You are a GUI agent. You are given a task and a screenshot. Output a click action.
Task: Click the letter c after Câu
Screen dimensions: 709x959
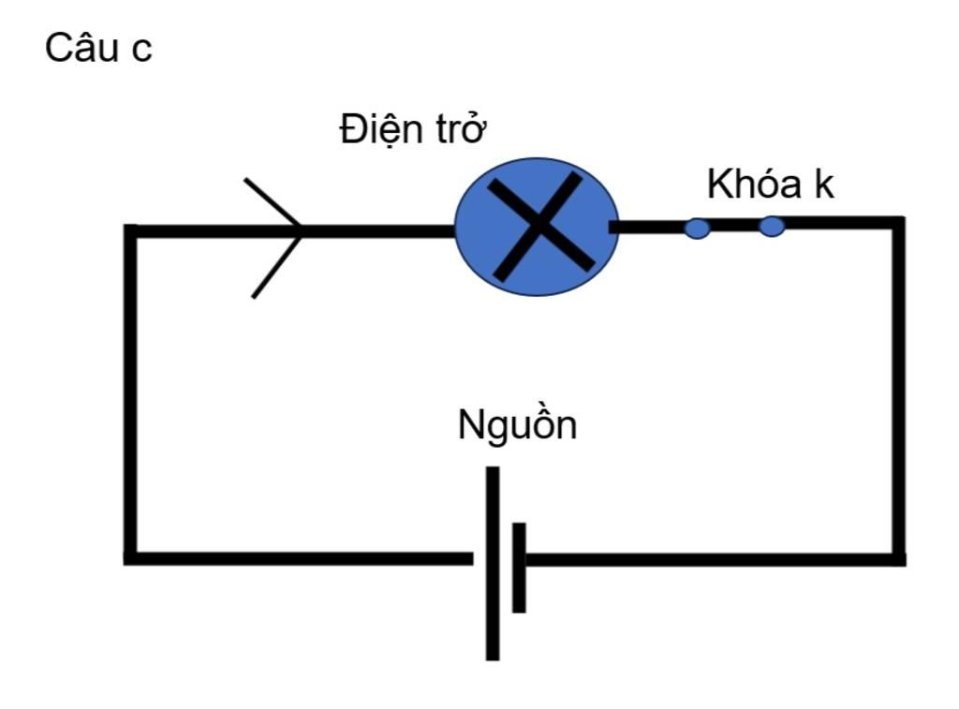[140, 52]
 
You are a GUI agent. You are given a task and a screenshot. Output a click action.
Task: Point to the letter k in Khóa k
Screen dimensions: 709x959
[823, 185]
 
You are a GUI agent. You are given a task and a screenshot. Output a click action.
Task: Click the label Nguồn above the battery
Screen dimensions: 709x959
[517, 426]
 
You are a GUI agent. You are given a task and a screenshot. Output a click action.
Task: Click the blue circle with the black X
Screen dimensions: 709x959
[537, 228]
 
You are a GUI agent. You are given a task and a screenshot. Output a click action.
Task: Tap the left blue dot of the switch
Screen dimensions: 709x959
[697, 228]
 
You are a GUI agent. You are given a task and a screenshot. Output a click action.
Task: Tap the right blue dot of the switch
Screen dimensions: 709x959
[771, 227]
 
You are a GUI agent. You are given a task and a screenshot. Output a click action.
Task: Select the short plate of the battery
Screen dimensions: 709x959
[519, 568]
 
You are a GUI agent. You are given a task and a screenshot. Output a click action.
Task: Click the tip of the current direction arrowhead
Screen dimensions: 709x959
[302, 230]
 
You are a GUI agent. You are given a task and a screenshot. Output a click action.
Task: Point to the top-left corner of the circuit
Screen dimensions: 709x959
[131, 230]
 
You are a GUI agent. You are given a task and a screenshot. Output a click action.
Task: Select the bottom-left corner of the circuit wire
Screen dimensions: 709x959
[131, 558]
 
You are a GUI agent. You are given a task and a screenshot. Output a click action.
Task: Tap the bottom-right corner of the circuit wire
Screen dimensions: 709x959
[899, 559]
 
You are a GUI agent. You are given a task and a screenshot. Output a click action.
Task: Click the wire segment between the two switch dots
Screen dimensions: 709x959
[734, 225]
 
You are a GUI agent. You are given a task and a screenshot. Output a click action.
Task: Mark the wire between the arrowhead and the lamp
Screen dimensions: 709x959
[379, 230]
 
